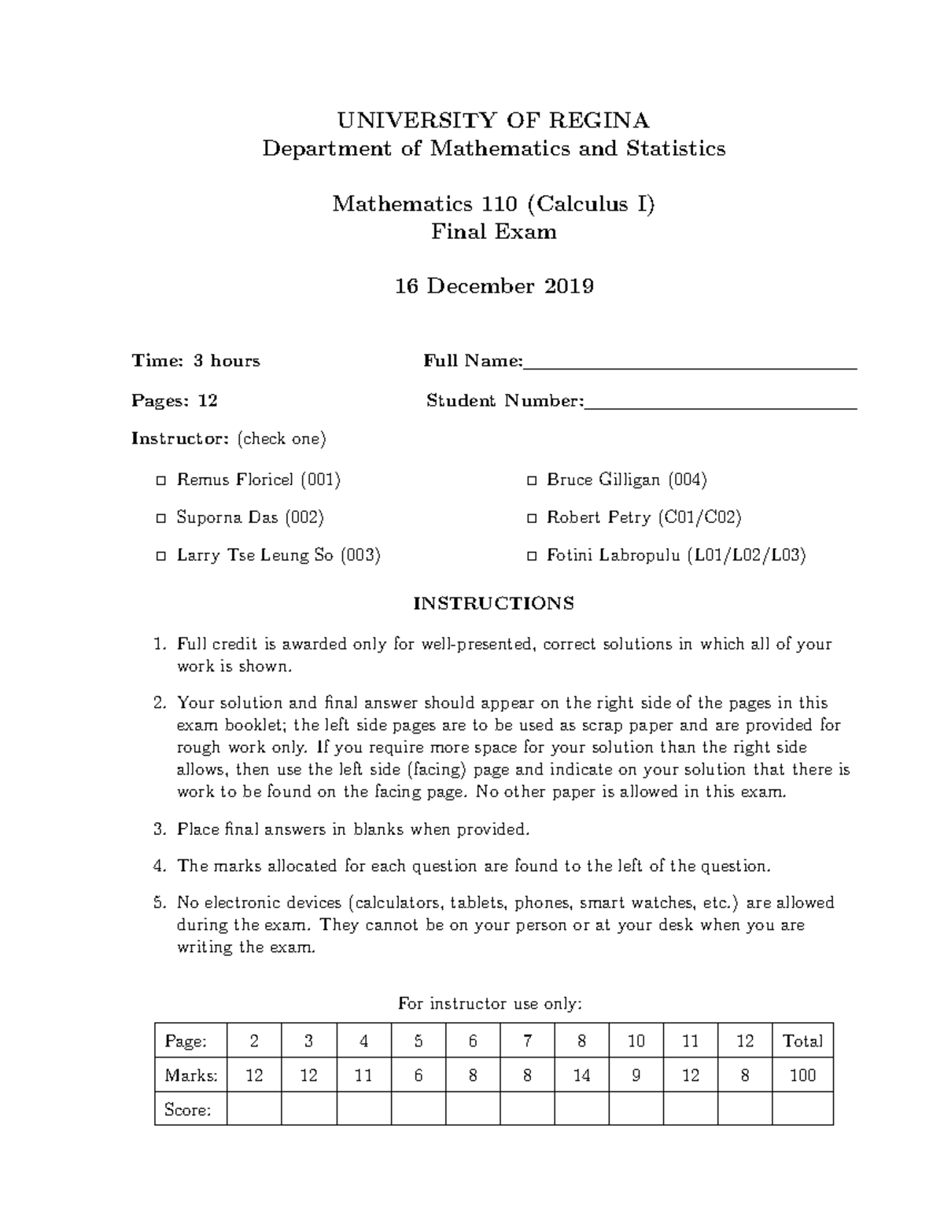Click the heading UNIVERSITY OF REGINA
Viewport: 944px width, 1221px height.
tap(493, 120)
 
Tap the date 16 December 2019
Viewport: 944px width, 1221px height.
tap(493, 286)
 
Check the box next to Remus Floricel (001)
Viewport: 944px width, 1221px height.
tap(161, 480)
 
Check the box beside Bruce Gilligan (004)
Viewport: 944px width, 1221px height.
tap(532, 480)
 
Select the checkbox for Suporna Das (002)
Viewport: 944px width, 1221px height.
tap(161, 518)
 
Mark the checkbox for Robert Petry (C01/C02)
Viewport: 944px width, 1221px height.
tap(532, 518)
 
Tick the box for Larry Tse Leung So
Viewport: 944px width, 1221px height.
tap(161, 556)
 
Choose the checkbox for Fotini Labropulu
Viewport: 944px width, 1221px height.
tap(532, 556)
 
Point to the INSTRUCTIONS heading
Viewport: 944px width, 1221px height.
tap(493, 604)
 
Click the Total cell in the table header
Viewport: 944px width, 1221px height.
tap(802, 1041)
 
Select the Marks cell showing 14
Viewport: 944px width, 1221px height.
tap(581, 1076)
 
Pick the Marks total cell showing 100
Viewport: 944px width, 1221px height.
tap(802, 1076)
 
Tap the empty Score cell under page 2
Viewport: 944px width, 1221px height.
tap(254, 1109)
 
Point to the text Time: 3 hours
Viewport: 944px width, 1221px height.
tap(195, 361)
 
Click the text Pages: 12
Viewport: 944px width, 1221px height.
tap(174, 401)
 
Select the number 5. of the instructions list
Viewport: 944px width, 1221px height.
tap(160, 903)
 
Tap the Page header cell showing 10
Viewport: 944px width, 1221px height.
tap(636, 1041)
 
